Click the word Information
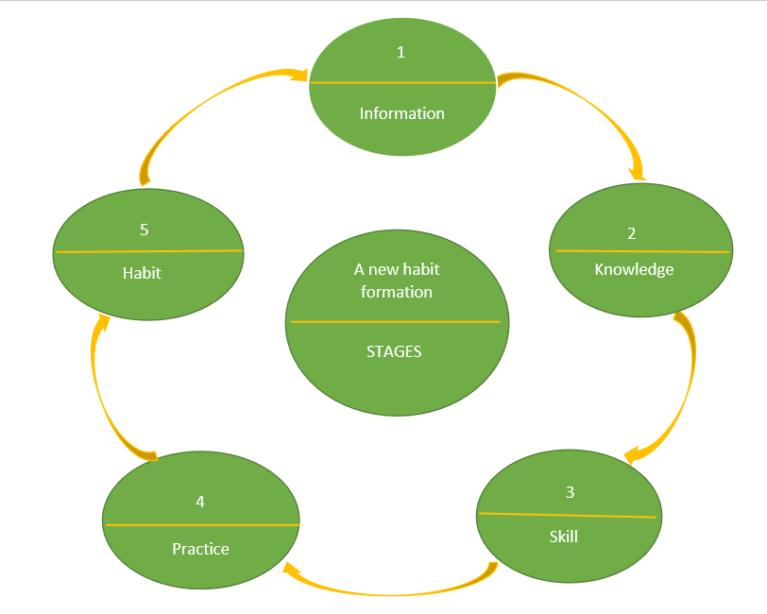[401, 113]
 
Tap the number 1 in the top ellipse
[401, 52]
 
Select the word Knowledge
[634, 269]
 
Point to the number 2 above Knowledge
[632, 232]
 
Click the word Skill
[563, 537]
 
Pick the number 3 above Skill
[570, 492]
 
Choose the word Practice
[200, 549]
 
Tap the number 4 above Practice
[200, 502]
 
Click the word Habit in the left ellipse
[142, 274]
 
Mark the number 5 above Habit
[145, 230]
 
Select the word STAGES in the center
[394, 351]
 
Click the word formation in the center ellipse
[397, 292]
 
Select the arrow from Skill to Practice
[387, 591]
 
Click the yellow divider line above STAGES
[395, 322]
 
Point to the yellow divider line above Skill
[567, 515]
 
